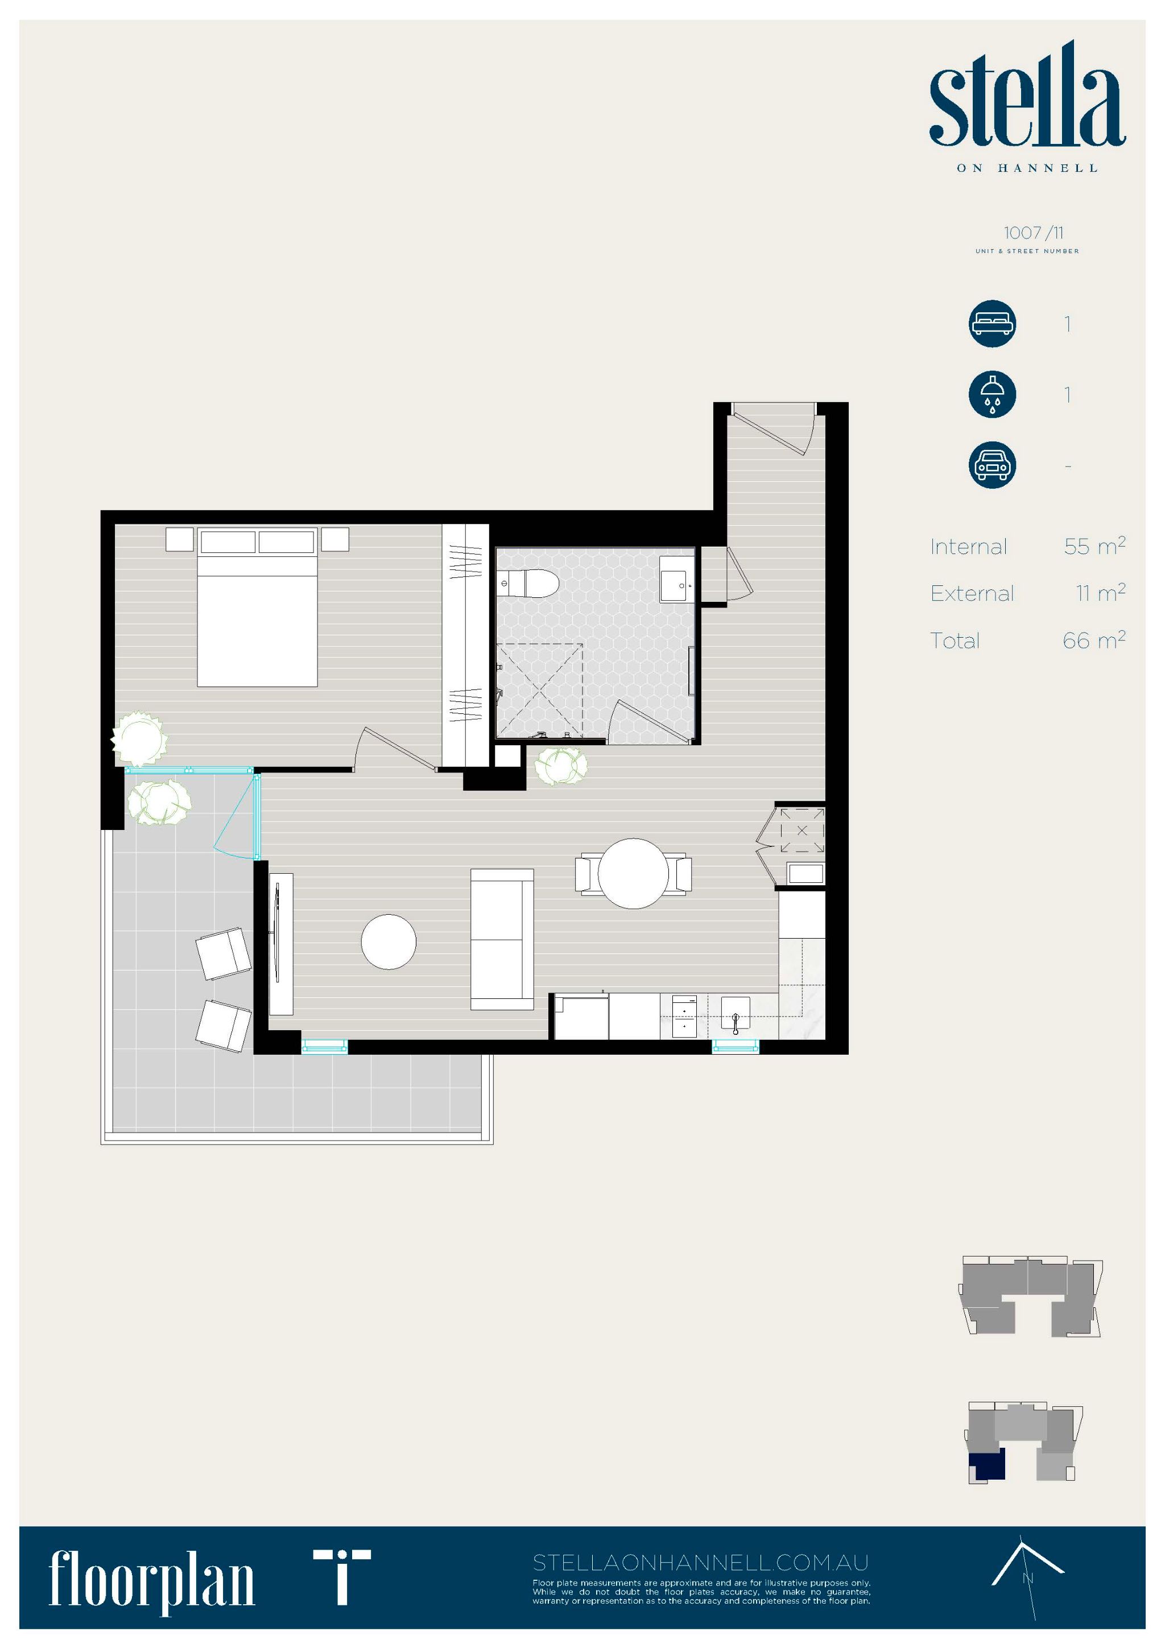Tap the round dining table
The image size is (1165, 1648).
pyautogui.click(x=633, y=874)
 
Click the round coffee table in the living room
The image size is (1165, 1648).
pyautogui.click(x=389, y=941)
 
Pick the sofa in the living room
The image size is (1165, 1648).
pyautogui.click(x=502, y=939)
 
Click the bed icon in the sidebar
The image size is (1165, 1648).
pyautogui.click(x=992, y=324)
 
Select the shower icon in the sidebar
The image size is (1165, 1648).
pyautogui.click(x=992, y=394)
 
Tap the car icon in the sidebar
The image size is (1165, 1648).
pyautogui.click(x=992, y=465)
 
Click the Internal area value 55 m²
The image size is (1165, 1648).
pyautogui.click(x=1094, y=546)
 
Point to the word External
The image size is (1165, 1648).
pyautogui.click(x=972, y=593)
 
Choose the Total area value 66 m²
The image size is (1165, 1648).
pyautogui.click(x=1094, y=639)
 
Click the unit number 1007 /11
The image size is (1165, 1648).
pyautogui.click(x=1034, y=233)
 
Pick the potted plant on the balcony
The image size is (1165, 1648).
pyautogui.click(x=159, y=803)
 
